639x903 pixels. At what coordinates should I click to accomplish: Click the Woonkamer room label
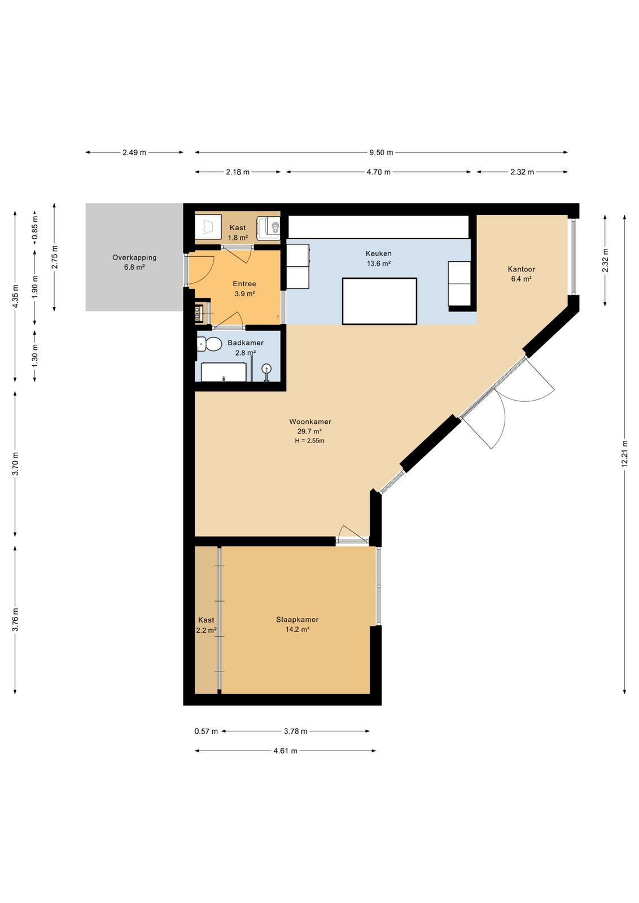(310, 422)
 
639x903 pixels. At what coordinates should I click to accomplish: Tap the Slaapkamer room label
(297, 620)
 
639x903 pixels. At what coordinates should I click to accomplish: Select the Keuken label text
(379, 253)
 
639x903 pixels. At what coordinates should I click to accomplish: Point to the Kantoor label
(521, 269)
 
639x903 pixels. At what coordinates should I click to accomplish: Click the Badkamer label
(246, 343)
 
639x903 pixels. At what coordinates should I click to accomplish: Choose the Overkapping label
(134, 257)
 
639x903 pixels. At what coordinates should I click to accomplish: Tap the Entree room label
(244, 284)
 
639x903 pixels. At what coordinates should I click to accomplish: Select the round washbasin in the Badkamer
(267, 368)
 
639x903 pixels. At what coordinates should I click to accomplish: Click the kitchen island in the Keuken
(379, 301)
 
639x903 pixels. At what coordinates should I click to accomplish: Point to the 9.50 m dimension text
(381, 152)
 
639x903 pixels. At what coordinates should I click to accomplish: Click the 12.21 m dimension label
(624, 454)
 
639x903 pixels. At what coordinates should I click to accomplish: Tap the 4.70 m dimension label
(379, 172)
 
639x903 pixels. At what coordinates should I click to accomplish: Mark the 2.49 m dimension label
(134, 152)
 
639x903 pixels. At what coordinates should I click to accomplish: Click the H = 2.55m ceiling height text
(310, 441)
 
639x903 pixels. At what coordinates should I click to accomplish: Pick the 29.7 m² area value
(310, 431)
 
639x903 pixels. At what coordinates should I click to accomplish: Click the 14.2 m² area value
(297, 630)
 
